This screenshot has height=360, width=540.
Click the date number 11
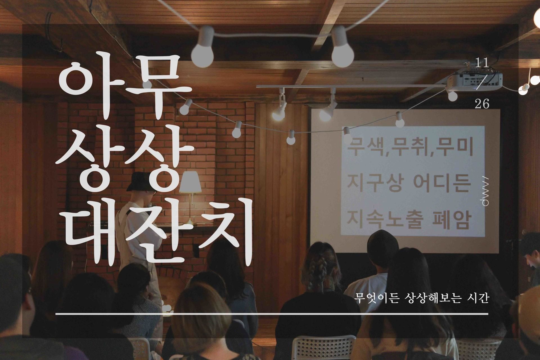coord(481,63)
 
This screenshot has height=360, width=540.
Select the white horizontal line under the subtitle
coord(272,314)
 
